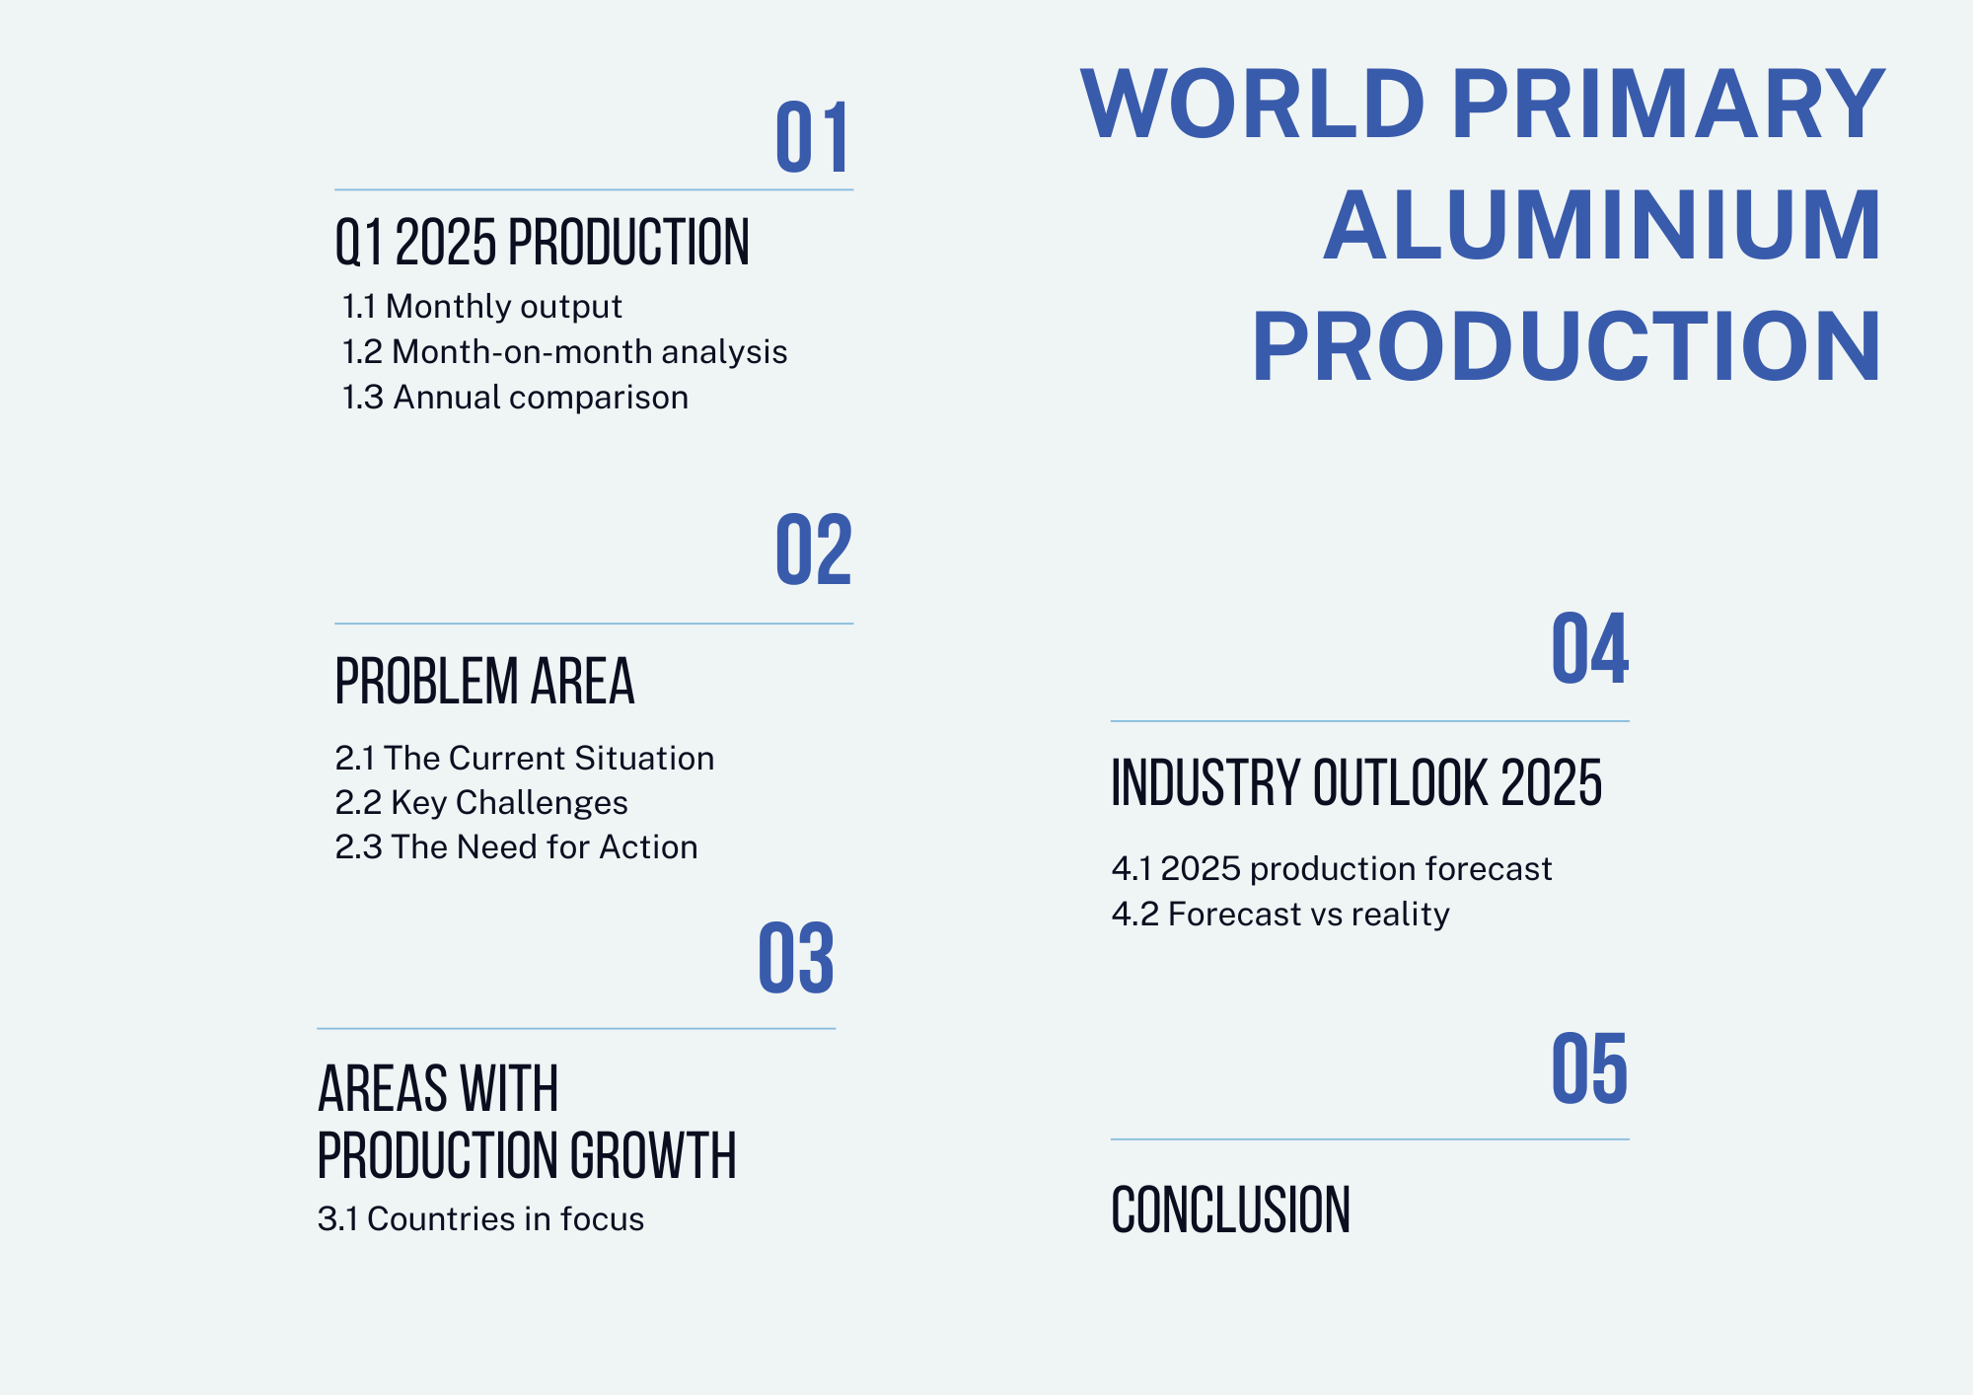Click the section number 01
point(812,138)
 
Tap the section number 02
point(814,550)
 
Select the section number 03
point(796,958)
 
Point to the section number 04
point(1590,648)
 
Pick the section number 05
point(1589,1068)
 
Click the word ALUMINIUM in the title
point(1603,225)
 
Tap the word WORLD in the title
point(1253,104)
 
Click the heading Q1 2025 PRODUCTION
point(543,243)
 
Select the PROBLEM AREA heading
point(484,681)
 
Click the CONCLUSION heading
point(1230,1210)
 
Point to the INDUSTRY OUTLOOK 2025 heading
point(1356,783)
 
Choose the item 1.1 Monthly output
point(481,307)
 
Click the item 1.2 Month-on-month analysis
point(564,352)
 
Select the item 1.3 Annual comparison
point(515,398)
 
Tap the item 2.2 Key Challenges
point(481,803)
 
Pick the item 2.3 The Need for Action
point(516,847)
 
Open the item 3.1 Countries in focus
point(480,1219)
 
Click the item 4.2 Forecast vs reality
point(1280,915)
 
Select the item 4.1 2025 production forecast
point(1332,869)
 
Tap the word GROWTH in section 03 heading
point(653,1155)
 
